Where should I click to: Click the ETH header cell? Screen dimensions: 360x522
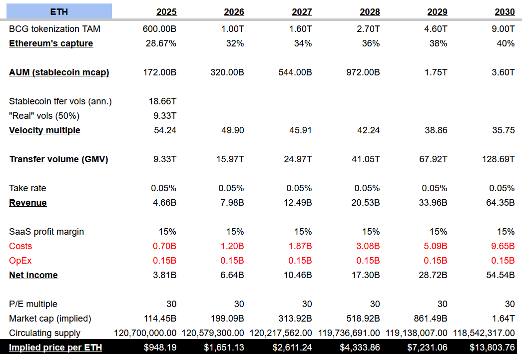(x=59, y=11)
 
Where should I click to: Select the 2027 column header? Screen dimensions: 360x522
(x=302, y=12)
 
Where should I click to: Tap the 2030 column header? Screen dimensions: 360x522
(x=505, y=12)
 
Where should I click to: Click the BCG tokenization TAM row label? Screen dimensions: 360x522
(x=54, y=29)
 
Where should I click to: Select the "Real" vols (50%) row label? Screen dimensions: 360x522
(x=44, y=116)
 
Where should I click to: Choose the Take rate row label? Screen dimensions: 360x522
(x=27, y=188)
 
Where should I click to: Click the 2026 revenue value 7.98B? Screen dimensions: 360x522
(x=231, y=203)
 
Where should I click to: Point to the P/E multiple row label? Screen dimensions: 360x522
(x=33, y=304)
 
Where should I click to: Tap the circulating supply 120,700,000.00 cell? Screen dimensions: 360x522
(x=145, y=333)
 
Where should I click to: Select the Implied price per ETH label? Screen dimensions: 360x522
(x=55, y=348)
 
